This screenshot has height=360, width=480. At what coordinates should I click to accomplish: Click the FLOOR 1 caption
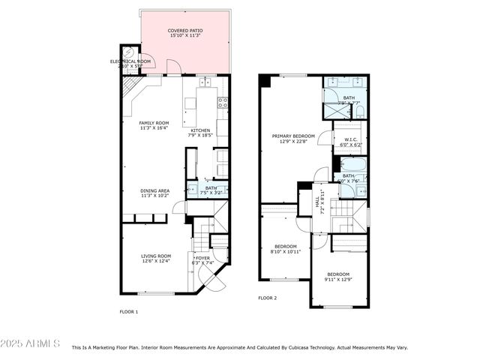(x=129, y=311)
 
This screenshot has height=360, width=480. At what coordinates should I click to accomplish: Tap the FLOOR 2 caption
(x=268, y=298)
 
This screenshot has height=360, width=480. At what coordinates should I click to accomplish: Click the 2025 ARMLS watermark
(x=30, y=343)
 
